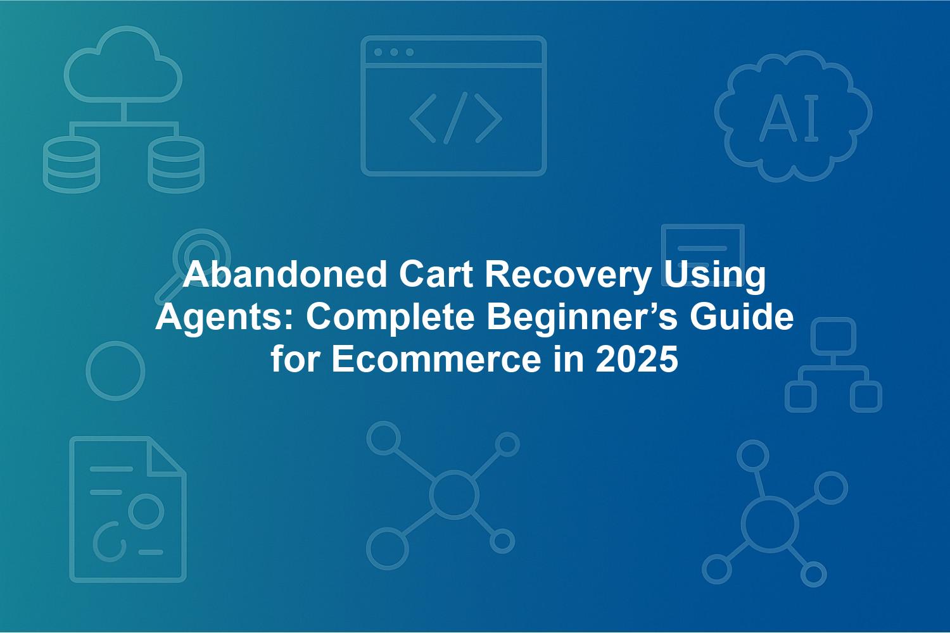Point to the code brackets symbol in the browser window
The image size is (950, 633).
pos(455,118)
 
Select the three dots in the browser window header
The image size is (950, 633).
pos(394,52)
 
